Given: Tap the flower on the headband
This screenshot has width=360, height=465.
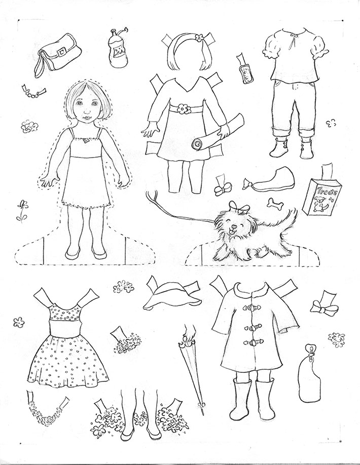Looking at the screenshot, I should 199,37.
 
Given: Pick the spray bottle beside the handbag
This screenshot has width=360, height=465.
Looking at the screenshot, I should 118,48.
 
